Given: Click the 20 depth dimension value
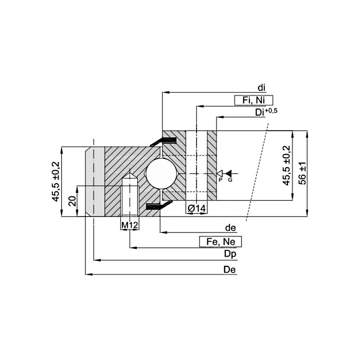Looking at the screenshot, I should click(x=73, y=201).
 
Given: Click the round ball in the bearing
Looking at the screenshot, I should click(x=161, y=173).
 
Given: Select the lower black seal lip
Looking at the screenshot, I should click(x=159, y=206).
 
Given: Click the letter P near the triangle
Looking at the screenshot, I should click(x=220, y=180).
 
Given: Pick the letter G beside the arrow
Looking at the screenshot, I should click(x=230, y=180).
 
